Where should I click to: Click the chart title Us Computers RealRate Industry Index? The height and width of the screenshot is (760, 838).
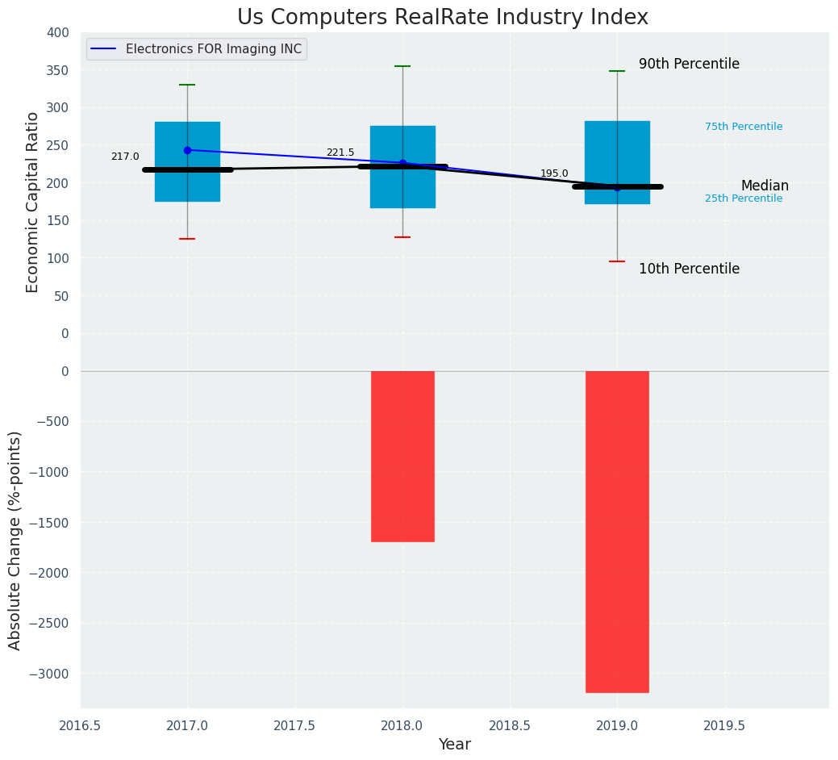point(442,18)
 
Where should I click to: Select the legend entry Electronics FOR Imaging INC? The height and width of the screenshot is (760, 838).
point(213,49)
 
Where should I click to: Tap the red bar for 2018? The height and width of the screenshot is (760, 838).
point(402,456)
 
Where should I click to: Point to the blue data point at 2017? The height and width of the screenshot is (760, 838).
point(187,150)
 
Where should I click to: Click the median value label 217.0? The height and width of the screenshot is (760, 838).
point(125,157)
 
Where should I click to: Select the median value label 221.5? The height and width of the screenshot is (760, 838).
point(340,152)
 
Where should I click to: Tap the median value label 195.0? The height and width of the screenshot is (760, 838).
point(554,173)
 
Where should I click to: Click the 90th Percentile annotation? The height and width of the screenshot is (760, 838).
point(689,65)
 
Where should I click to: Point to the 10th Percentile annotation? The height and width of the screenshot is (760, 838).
point(689,269)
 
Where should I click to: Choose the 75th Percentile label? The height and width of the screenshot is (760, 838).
point(744,127)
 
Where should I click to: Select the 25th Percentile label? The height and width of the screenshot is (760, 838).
point(744,198)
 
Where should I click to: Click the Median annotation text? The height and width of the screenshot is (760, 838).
point(765,186)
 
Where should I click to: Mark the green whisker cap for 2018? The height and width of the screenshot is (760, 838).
point(402,66)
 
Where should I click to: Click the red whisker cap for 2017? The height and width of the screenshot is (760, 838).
point(187,239)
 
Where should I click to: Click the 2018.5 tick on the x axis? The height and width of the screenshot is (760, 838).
point(510,725)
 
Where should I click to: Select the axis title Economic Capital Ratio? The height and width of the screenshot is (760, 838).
point(33,202)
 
